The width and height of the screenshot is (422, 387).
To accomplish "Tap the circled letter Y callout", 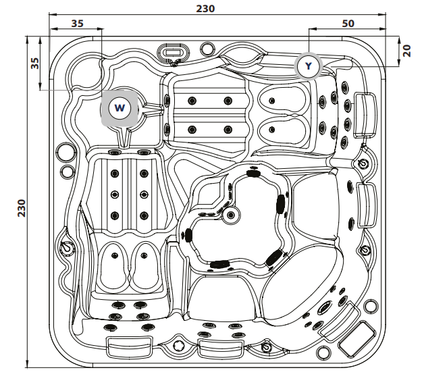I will coord(308,66).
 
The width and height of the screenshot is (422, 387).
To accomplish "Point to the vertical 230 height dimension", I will coord(22,205).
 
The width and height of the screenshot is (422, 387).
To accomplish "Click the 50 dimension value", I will coord(348,23).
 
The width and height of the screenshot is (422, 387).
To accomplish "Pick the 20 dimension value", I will coord(406,51).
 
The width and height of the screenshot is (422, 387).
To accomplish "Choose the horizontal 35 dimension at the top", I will coord(77,23).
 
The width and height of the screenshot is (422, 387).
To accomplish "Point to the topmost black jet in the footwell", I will coord(254,173).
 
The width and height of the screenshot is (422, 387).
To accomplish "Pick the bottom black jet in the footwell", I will coord(219,263).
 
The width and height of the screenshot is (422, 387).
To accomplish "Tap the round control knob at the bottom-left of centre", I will coord(179,346).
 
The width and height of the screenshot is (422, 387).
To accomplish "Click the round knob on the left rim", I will coord(67,249).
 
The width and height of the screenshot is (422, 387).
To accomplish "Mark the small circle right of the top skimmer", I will coord(208,48).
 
